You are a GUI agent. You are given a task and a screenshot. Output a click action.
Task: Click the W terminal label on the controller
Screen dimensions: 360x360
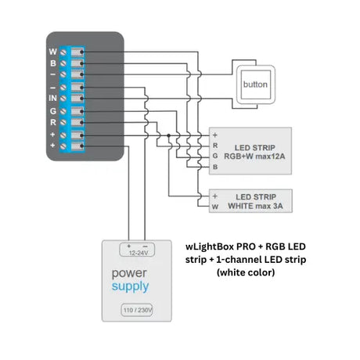[x=52, y=52]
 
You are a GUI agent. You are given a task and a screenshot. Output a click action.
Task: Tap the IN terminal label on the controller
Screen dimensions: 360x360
[x=52, y=98]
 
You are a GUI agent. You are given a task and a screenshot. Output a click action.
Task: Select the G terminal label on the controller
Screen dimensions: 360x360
[x=53, y=111]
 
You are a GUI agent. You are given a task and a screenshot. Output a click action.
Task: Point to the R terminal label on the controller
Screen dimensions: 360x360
[x=53, y=122]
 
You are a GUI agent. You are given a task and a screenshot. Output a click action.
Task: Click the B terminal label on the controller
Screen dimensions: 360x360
[x=53, y=63]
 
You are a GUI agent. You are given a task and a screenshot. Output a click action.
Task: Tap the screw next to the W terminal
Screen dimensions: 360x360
[x=63, y=52]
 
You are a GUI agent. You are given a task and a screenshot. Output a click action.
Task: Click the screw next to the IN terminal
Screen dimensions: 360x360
[x=63, y=99]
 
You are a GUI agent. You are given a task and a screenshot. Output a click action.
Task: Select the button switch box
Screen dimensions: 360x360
[x=256, y=85]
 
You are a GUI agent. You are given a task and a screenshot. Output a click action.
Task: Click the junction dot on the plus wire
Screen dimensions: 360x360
[x=169, y=135]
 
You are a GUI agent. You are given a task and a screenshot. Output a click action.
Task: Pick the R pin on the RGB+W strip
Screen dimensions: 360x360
[x=215, y=146]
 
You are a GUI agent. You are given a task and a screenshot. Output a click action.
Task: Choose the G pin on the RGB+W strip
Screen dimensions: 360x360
[x=215, y=156]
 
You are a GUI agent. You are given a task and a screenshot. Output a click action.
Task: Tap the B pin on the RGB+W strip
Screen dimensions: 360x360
[x=215, y=167]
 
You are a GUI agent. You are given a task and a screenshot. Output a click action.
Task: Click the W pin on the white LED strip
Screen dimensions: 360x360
[x=215, y=207]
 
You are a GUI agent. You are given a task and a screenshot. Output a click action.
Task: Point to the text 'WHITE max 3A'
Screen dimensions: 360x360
[x=255, y=206]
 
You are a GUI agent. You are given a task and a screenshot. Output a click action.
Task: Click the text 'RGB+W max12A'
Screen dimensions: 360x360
[x=254, y=157]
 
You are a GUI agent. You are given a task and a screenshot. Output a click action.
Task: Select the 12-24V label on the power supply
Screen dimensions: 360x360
[x=139, y=253]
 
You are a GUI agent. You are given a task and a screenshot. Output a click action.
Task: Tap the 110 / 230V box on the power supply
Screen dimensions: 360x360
[x=137, y=310]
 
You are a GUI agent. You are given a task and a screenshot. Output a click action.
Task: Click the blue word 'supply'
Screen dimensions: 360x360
[x=130, y=286]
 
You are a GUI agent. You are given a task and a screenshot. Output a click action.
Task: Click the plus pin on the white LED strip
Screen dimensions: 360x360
[x=215, y=196]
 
